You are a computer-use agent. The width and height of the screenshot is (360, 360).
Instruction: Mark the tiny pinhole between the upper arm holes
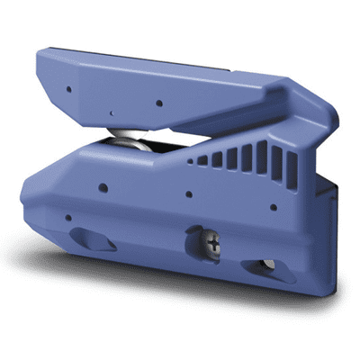[x=109, y=113]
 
